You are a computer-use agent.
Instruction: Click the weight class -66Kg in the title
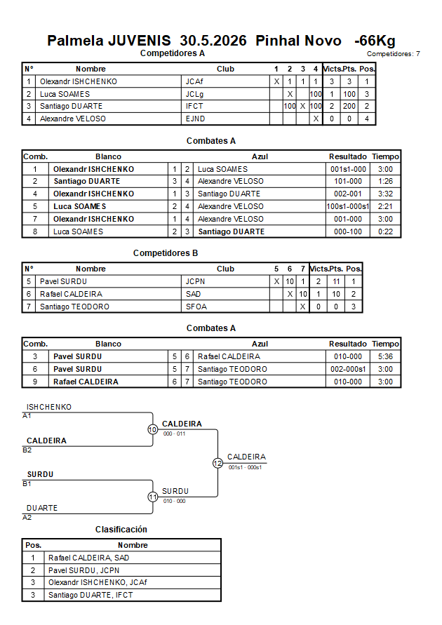[x=375, y=41]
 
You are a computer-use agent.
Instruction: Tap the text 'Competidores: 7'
[x=394, y=54]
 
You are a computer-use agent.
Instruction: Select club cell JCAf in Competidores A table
[x=194, y=81]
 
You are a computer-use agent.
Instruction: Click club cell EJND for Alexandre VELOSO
[x=195, y=119]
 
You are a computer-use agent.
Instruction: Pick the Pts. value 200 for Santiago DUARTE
[x=349, y=107]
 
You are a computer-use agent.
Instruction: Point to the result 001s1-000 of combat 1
[x=348, y=170]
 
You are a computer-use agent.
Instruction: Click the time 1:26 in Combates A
[x=385, y=182]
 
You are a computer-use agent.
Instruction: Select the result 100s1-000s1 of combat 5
[x=348, y=206]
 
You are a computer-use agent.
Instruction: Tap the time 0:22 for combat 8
[x=385, y=231]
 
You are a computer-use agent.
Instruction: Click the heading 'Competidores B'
[x=166, y=253]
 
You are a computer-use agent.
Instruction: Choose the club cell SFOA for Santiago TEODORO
[x=196, y=307]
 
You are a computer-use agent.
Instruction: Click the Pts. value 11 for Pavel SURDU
[x=336, y=282]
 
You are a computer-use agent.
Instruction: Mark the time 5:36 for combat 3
[x=385, y=357]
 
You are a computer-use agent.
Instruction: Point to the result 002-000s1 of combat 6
[x=348, y=370]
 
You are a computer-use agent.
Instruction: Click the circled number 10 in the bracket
[x=153, y=430]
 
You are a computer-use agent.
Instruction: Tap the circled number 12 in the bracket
[x=217, y=463]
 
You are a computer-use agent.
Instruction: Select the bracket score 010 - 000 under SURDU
[x=174, y=501]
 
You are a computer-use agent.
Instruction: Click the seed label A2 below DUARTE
[x=27, y=518]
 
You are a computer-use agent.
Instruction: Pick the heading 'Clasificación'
[x=121, y=530]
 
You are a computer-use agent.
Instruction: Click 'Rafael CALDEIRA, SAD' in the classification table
[x=89, y=558]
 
